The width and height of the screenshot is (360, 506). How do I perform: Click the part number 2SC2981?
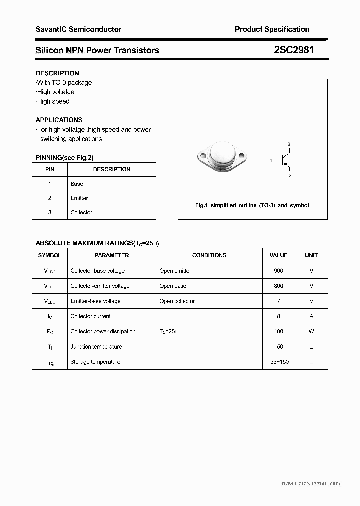pyautogui.click(x=294, y=50)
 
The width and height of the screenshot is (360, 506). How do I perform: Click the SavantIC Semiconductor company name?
pyautogui.click(x=78, y=29)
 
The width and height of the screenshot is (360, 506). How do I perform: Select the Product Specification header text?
pyautogui.click(x=272, y=29)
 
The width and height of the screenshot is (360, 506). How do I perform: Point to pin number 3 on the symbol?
pyautogui.click(x=289, y=144)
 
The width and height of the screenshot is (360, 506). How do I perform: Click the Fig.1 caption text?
pyautogui.click(x=252, y=205)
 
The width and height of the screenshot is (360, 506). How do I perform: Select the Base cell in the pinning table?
pyautogui.click(x=77, y=184)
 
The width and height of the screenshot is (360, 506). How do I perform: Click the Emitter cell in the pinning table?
pyautogui.click(x=79, y=198)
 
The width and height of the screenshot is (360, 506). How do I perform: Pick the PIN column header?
pyautogui.click(x=50, y=169)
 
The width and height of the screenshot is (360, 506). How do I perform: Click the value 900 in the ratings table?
pyautogui.click(x=278, y=271)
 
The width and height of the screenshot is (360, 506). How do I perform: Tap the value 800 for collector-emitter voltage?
pyautogui.click(x=278, y=286)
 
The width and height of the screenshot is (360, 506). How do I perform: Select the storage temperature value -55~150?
pyautogui.click(x=278, y=362)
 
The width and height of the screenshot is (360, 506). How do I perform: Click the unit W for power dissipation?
pyautogui.click(x=311, y=331)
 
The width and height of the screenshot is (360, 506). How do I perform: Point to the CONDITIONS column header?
pyautogui.click(x=209, y=255)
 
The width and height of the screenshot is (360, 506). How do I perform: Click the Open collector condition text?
pyautogui.click(x=177, y=301)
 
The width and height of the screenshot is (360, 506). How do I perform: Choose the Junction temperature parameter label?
pyautogui.click(x=96, y=347)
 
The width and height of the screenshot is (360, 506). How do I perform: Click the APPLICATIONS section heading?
pyautogui.click(x=59, y=120)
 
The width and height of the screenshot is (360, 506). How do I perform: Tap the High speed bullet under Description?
pyautogui.click(x=53, y=101)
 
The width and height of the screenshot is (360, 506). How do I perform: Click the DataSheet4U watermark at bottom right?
pyautogui.click(x=310, y=483)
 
